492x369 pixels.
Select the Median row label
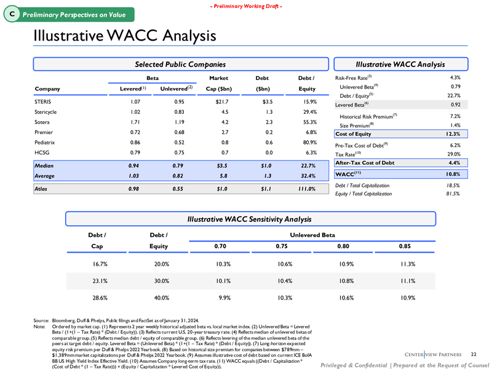pos(47,166)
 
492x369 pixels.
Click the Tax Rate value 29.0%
pos(453,154)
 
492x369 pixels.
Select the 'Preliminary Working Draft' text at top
pos(246,6)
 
